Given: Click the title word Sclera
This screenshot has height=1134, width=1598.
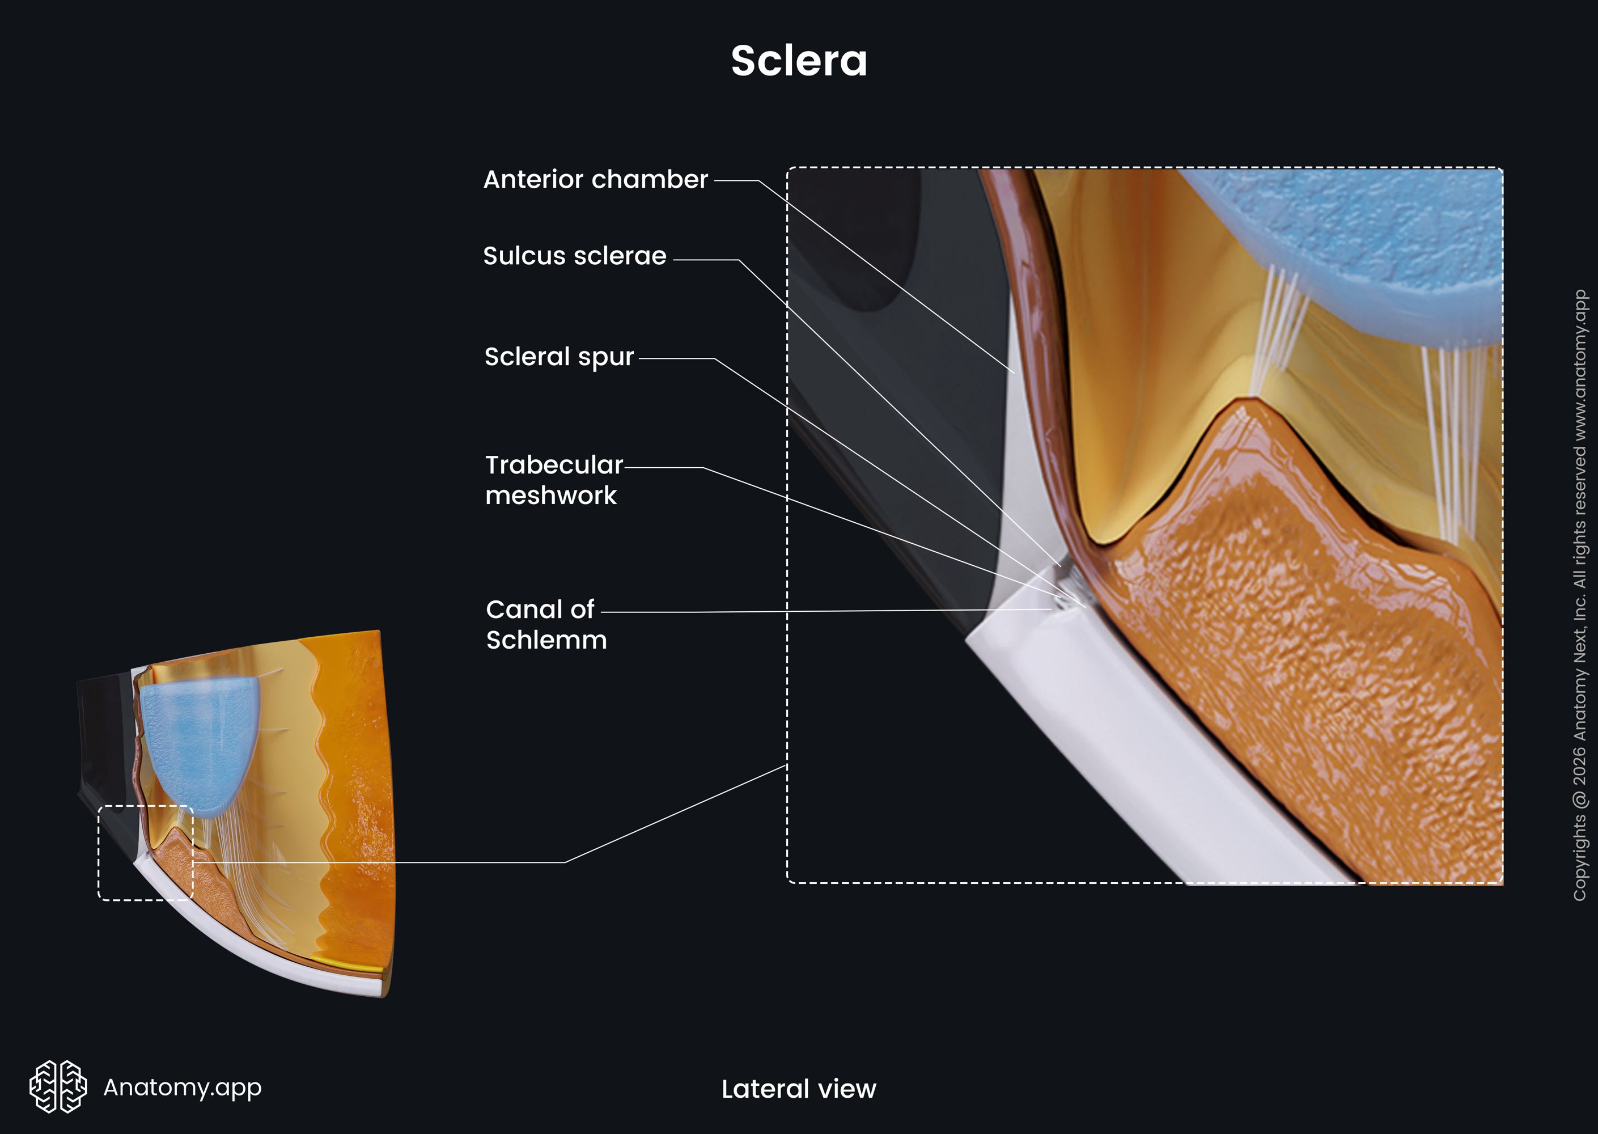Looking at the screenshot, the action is click(799, 61).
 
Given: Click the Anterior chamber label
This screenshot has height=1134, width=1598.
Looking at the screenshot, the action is click(596, 180).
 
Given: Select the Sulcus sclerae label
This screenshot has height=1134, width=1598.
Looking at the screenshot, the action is click(575, 256).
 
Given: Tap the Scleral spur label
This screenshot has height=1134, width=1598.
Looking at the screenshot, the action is click(559, 357).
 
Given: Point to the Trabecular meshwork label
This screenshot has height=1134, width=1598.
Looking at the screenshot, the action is click(554, 480).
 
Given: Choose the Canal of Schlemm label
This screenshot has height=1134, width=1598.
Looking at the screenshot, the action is click(546, 624).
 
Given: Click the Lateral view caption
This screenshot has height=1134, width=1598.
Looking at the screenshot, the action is click(799, 1089).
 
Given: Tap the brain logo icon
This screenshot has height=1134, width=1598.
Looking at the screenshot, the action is click(58, 1086).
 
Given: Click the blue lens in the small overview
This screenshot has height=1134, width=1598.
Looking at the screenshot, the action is click(200, 746).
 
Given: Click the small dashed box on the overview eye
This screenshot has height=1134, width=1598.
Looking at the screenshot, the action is click(99, 853).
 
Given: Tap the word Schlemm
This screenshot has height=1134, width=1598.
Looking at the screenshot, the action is click(546, 640).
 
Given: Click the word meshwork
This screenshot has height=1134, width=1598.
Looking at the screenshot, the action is click(551, 495).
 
